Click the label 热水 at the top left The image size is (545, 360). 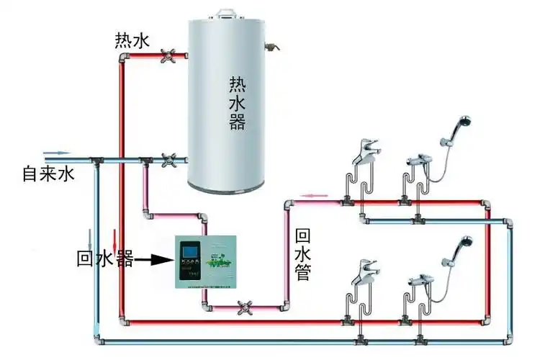coord(132,40)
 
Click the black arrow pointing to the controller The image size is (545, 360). coord(154,258)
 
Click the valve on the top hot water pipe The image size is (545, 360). coord(172,56)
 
